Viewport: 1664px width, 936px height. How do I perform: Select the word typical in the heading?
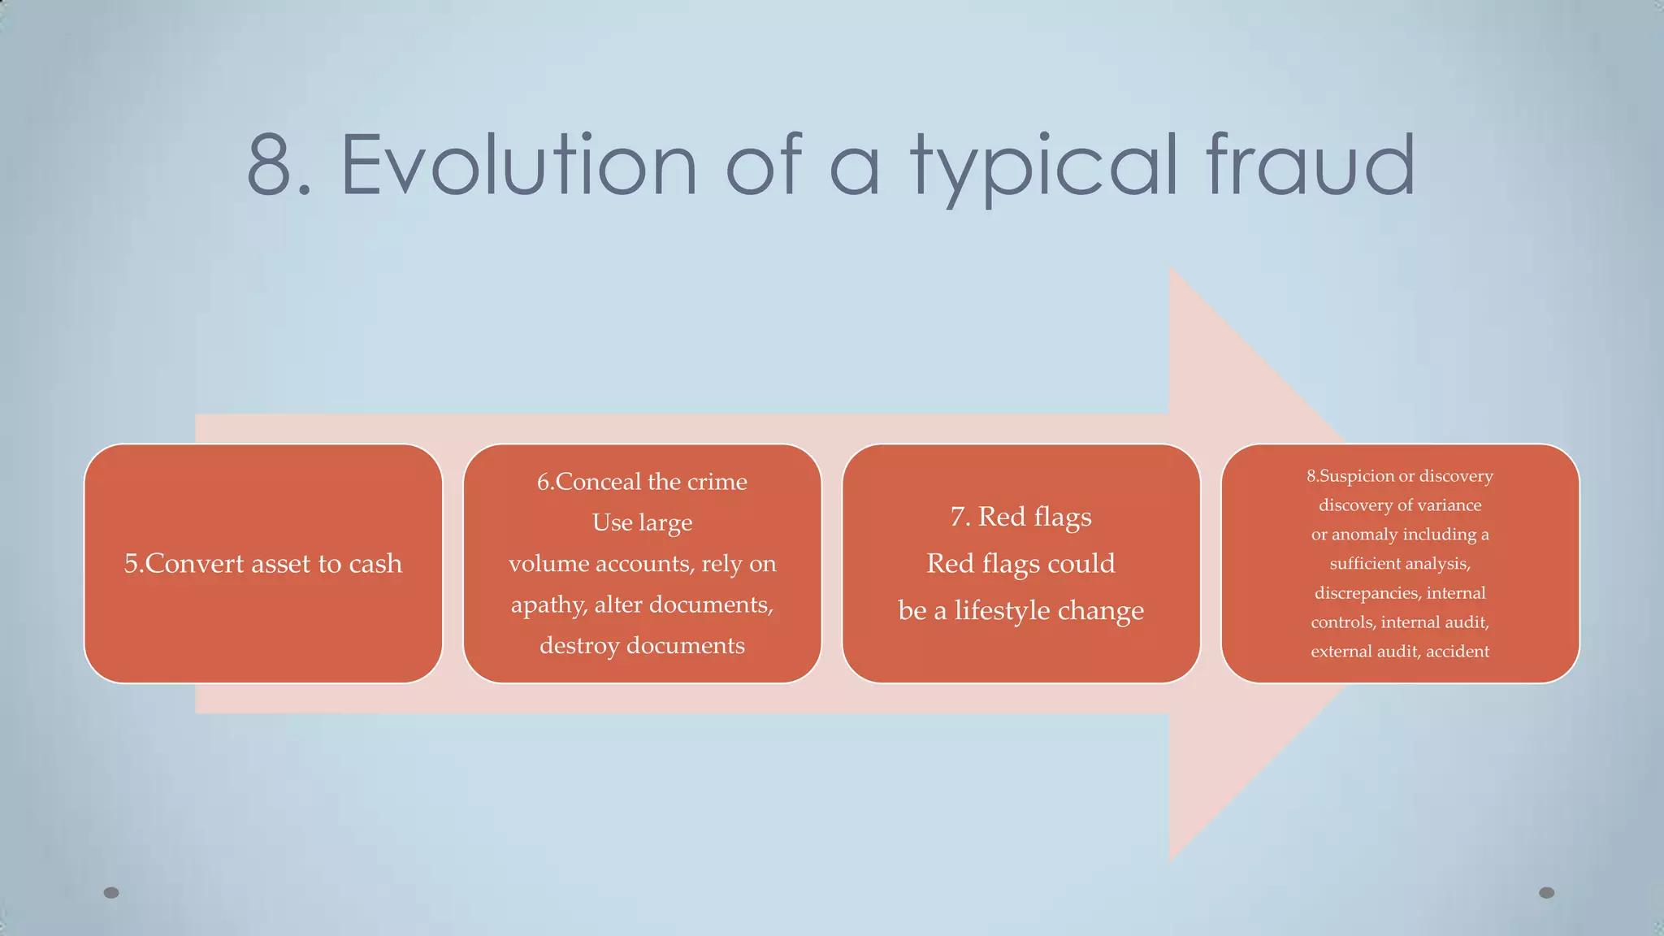point(1045,167)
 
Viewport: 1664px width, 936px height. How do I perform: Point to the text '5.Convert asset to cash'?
point(262,563)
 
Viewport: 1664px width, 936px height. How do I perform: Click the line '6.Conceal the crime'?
point(642,482)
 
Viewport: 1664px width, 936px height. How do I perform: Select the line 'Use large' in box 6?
point(642,522)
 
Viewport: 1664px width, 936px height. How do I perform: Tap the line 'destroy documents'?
point(642,645)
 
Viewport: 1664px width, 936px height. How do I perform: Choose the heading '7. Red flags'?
point(1020,517)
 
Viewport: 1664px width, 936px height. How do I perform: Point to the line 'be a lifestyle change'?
point(1020,610)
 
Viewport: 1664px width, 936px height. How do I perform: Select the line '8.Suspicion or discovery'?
point(1399,476)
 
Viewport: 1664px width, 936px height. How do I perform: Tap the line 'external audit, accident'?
point(1399,651)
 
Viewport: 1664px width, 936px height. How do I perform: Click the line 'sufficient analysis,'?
point(1399,563)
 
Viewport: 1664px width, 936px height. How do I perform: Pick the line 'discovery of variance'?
point(1399,505)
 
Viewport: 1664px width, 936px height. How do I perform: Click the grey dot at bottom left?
point(111,893)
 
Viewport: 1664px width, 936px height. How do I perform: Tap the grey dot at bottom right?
point(1547,893)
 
